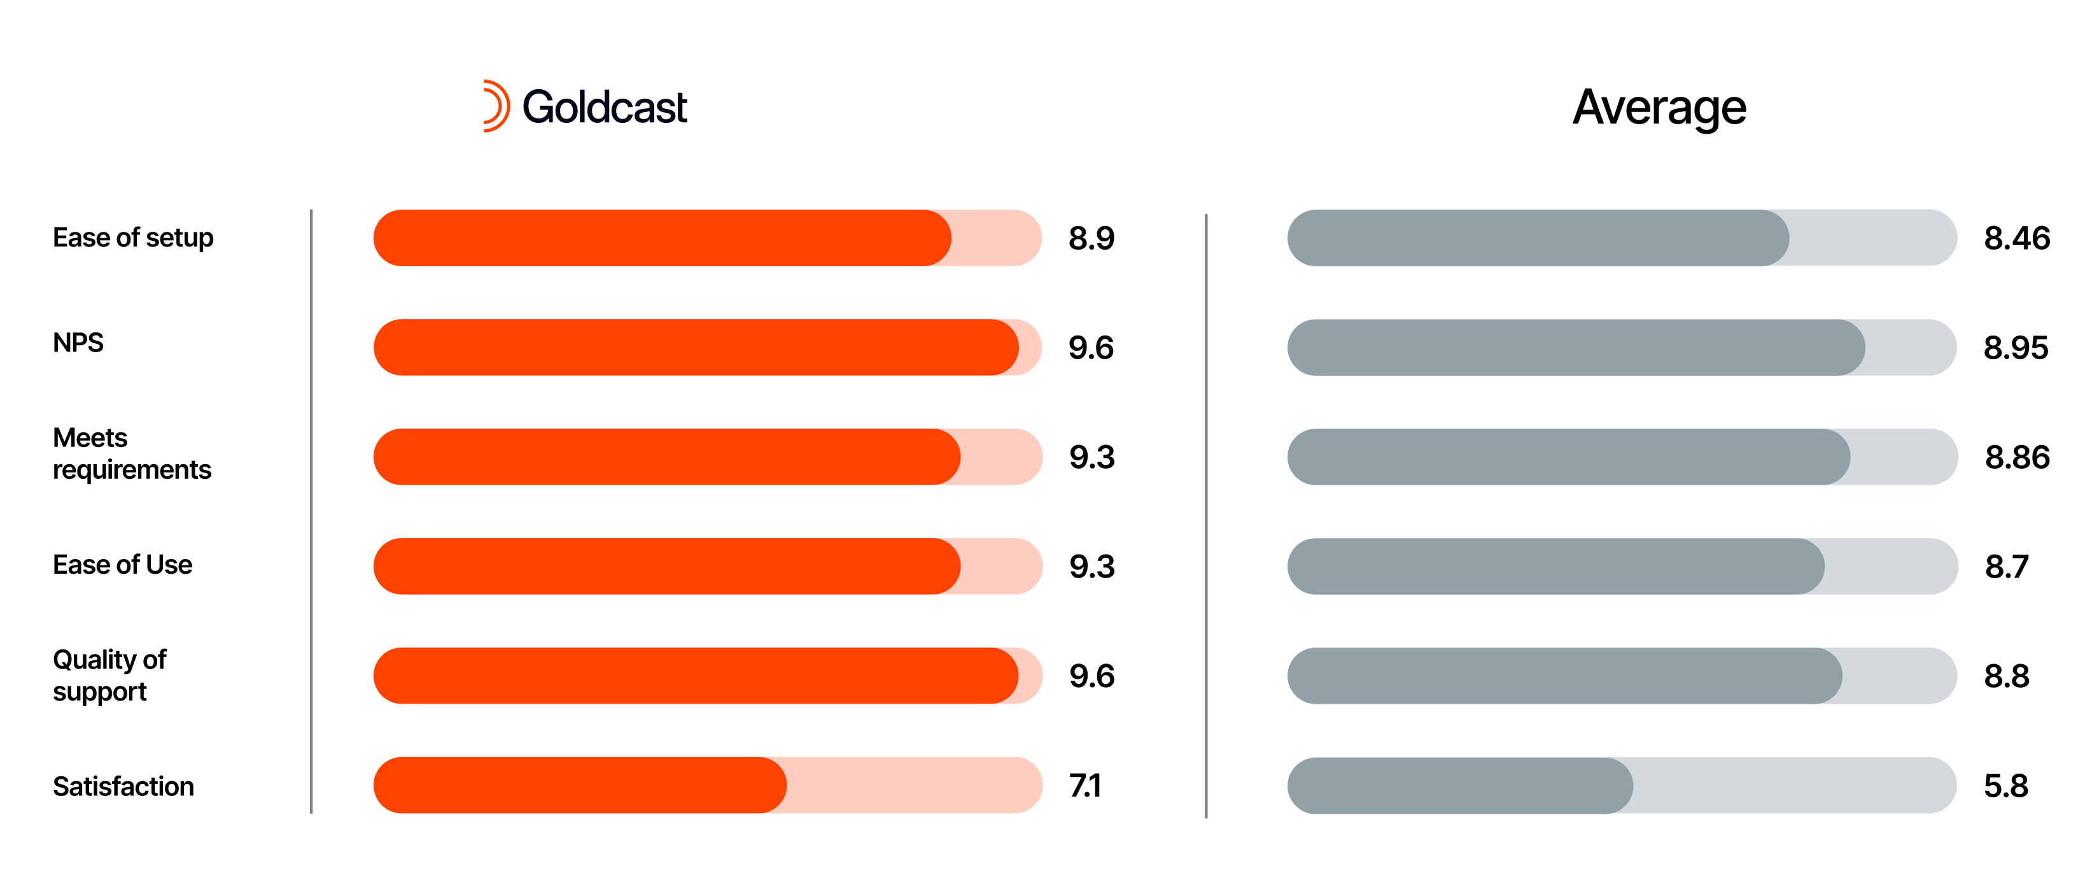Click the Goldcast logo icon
click(495, 106)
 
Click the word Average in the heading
click(1659, 108)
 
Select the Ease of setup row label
click(133, 238)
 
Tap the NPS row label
click(78, 343)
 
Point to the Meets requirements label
click(131, 453)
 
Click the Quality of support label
click(109, 675)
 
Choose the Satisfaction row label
click(123, 786)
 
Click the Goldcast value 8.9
click(1091, 238)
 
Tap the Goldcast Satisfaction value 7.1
click(1085, 785)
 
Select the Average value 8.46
click(2016, 238)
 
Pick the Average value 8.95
click(2016, 347)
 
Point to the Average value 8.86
click(2016, 457)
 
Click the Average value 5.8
click(2005, 785)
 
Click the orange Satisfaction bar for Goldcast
click(580, 785)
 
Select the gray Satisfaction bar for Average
click(1459, 785)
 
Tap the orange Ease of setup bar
click(661, 238)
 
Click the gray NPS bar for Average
click(1575, 347)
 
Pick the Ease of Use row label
click(122, 564)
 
